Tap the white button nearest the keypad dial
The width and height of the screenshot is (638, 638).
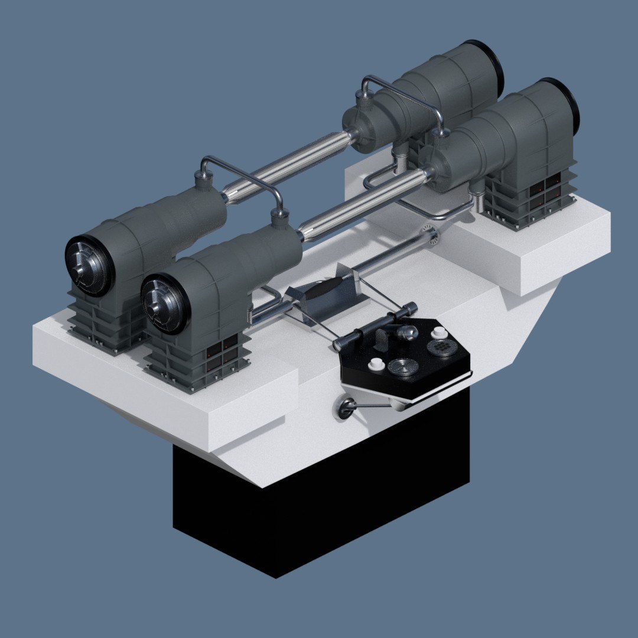point(438,333)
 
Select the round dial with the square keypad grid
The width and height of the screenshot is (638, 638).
point(441,348)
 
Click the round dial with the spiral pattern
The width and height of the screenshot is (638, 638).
point(403,368)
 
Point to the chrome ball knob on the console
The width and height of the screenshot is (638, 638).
point(408,333)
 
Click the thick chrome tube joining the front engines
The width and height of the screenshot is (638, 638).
point(360,204)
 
